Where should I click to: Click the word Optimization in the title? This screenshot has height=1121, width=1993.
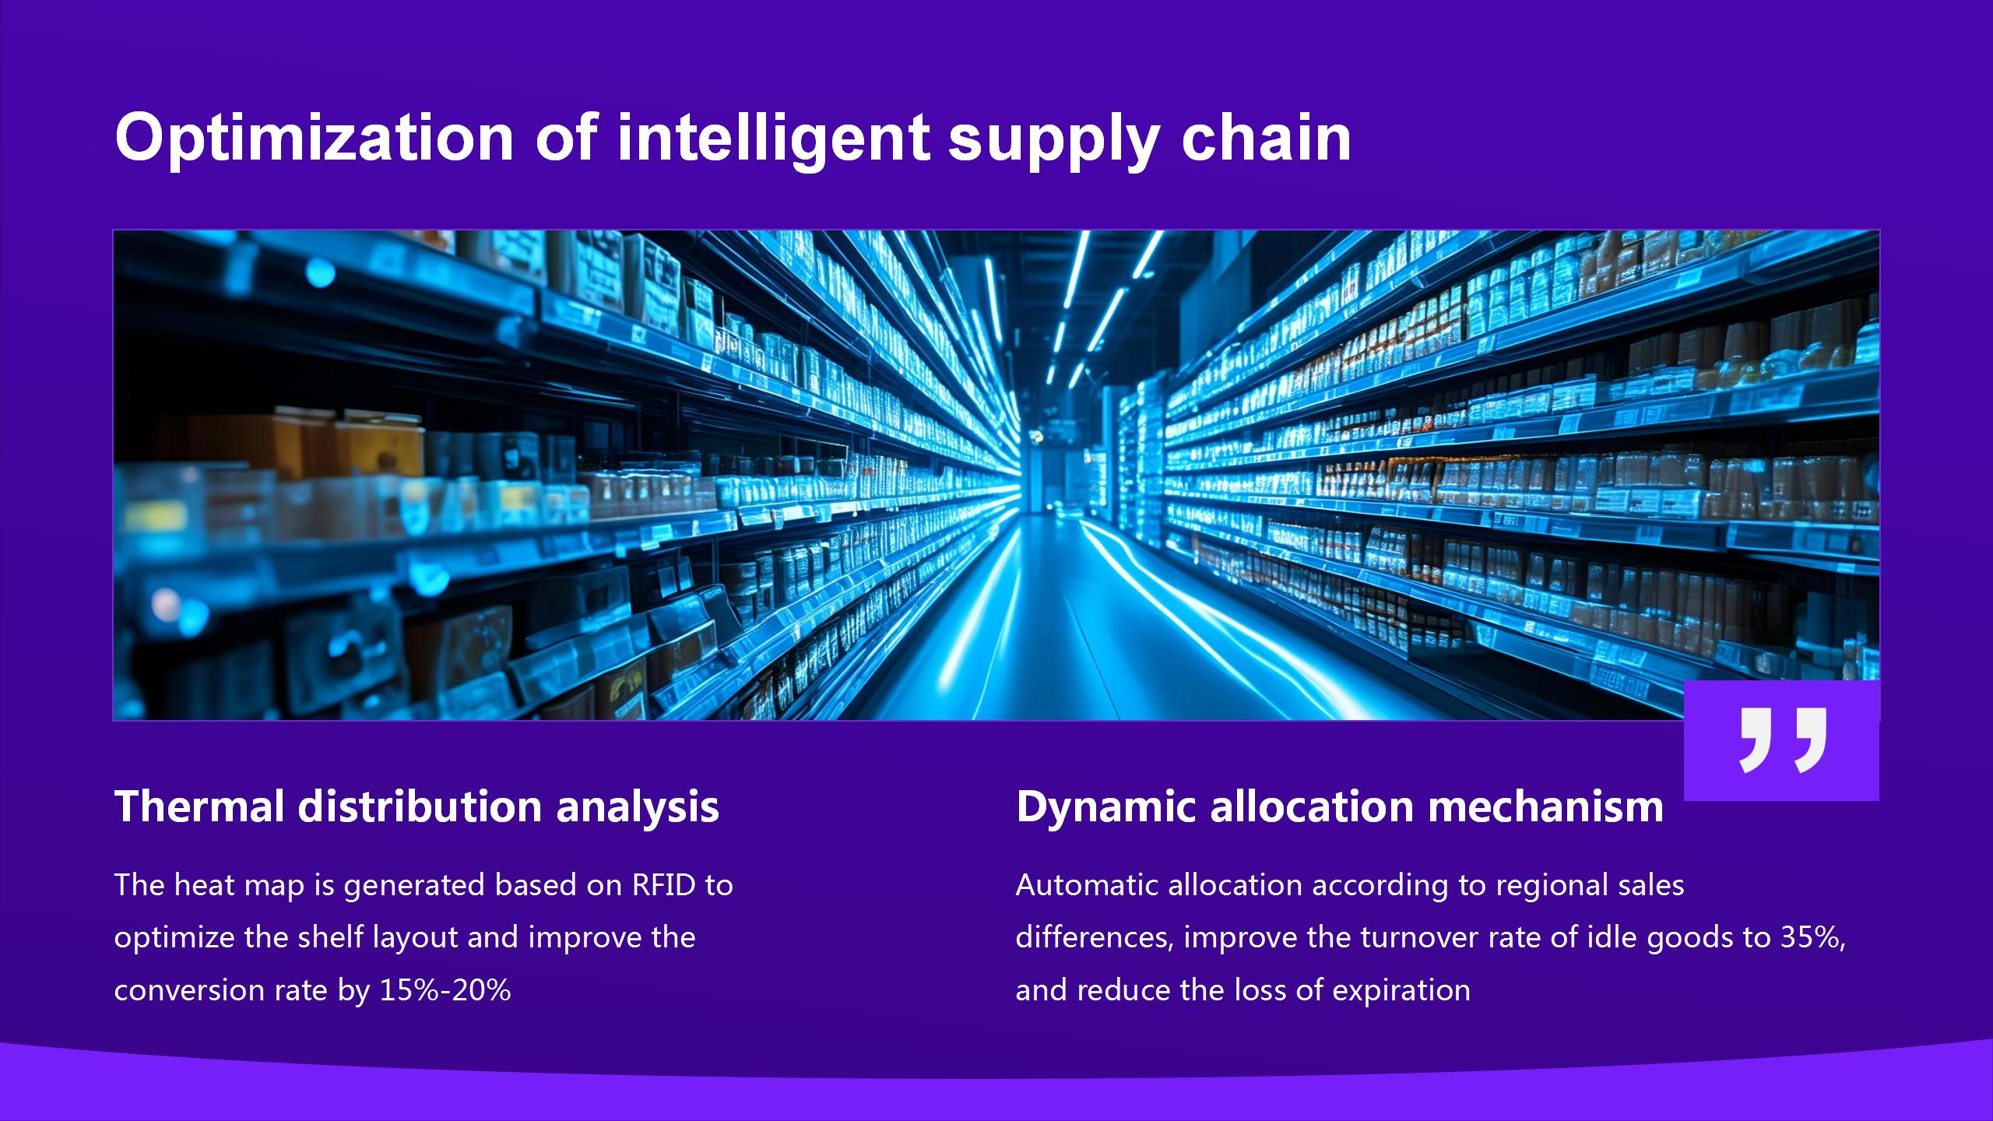tap(314, 139)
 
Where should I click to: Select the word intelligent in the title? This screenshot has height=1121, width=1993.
tap(773, 139)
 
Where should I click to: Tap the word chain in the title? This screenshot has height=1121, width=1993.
tap(1266, 137)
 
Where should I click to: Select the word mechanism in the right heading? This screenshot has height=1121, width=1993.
tap(1545, 806)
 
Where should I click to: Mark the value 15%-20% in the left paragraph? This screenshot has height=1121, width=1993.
tap(445, 990)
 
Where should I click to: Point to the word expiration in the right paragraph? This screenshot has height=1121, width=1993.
tap(1401, 991)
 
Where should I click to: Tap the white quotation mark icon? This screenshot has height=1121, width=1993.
tap(1782, 740)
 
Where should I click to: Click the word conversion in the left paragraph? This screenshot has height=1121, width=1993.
tap(189, 990)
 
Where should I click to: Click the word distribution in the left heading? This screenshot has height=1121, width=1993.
tap(420, 806)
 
